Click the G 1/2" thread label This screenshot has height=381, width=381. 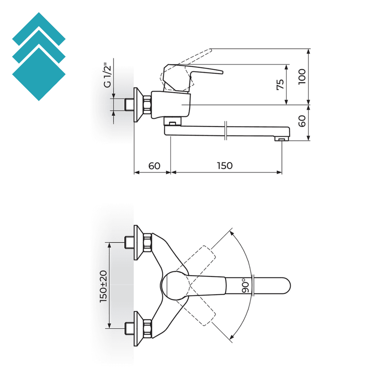(x=108, y=76)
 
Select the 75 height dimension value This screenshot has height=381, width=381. (x=281, y=84)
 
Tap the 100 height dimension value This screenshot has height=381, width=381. (x=302, y=76)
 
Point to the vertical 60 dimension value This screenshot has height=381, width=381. (x=302, y=121)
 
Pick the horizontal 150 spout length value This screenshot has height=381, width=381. (x=224, y=165)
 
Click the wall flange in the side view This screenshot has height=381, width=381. (x=138, y=105)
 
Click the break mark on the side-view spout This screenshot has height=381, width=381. (x=225, y=131)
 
